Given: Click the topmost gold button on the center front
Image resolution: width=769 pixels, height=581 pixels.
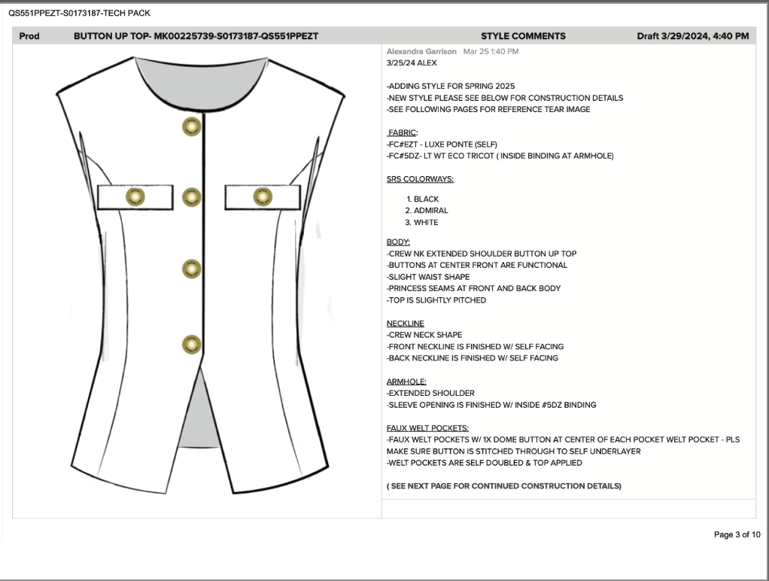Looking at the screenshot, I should [191, 127].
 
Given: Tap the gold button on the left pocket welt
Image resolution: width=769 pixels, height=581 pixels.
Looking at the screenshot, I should [135, 197].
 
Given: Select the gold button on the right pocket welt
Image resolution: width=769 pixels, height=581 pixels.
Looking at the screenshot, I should [262, 197].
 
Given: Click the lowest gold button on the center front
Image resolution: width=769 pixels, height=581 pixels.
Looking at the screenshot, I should [191, 344].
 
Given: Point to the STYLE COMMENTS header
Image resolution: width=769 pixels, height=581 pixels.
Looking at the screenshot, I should [523, 36].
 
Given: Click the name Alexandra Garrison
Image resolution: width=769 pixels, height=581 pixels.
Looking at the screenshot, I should [421, 51].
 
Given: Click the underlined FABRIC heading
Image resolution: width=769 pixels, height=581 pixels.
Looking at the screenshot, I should [403, 132].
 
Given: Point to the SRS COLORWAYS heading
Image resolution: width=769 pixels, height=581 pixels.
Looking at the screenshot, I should [420, 179].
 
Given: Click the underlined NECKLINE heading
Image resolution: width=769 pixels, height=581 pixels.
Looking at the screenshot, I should [405, 324].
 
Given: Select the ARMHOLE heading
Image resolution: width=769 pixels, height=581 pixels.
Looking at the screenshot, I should [406, 382].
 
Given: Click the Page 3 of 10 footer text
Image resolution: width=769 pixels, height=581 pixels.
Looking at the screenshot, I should [737, 534].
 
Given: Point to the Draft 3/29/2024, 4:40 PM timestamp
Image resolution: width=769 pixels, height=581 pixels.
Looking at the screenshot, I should [692, 36].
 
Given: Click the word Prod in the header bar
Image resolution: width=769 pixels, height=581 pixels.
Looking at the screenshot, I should [29, 36].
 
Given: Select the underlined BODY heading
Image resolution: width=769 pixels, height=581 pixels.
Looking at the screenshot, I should [398, 242].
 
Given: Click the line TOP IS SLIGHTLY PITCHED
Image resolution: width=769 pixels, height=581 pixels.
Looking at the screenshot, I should [436, 300].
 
